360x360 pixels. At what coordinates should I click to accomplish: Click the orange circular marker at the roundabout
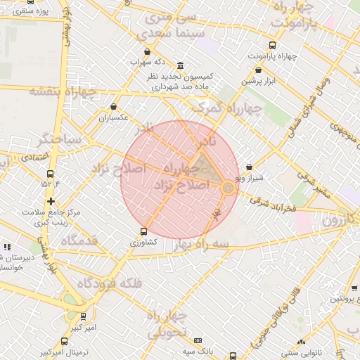click(x=229, y=188)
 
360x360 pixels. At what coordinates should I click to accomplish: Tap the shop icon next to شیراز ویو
click(x=250, y=167)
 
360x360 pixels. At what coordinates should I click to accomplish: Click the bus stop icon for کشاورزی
click(x=144, y=231)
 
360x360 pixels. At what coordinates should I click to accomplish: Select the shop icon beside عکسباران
click(x=113, y=107)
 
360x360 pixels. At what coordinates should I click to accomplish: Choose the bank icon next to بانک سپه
click(x=198, y=340)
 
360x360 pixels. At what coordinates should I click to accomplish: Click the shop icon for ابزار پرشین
click(x=259, y=70)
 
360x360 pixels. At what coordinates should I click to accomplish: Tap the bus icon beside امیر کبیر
click(x=84, y=316)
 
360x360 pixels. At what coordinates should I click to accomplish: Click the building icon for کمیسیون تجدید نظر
click(x=181, y=65)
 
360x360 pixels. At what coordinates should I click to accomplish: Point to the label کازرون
click(x=340, y=220)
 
